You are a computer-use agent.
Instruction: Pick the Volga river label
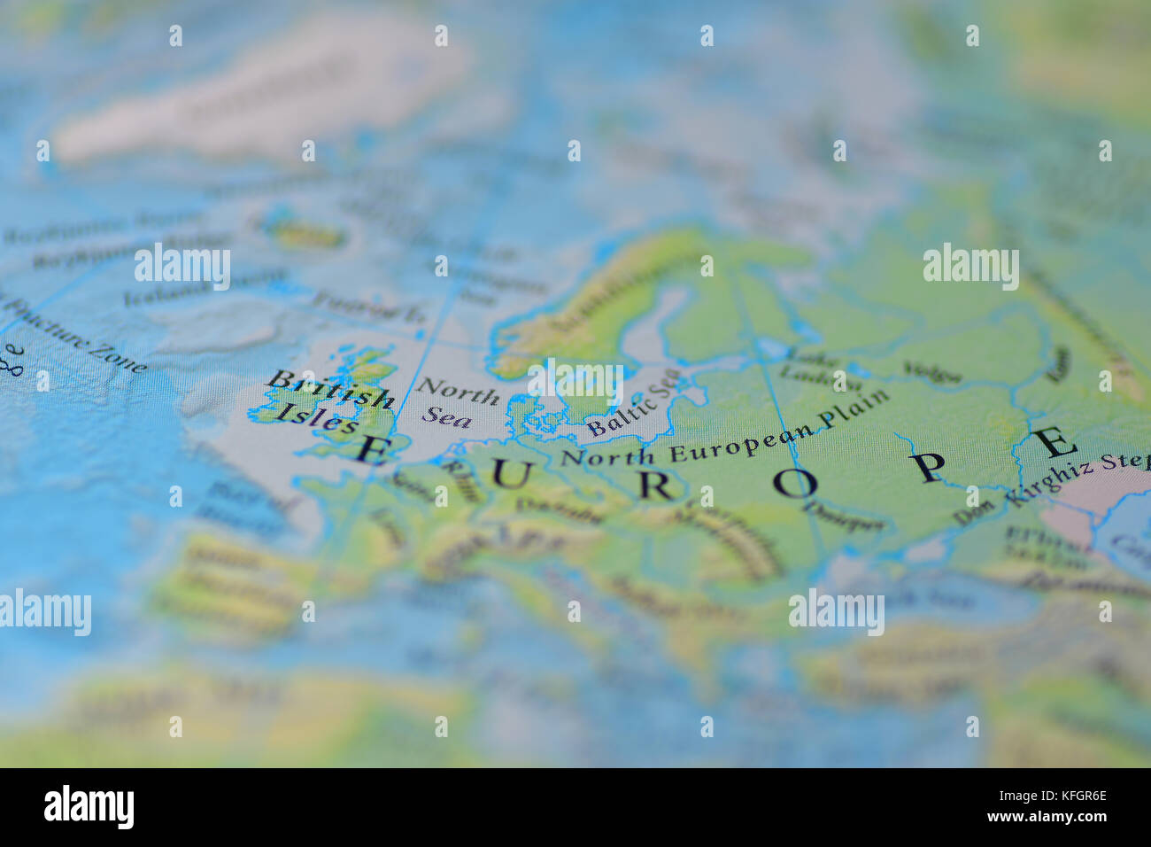pyautogui.click(x=931, y=372)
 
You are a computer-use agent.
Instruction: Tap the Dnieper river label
pyautogui.click(x=842, y=518)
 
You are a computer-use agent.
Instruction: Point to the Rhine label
pyautogui.click(x=460, y=479)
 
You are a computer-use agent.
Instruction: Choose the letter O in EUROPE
pyautogui.click(x=793, y=482)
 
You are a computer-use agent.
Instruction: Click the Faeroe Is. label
pyautogui.click(x=368, y=307)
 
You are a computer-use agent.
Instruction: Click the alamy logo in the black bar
pyautogui.click(x=89, y=807)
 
